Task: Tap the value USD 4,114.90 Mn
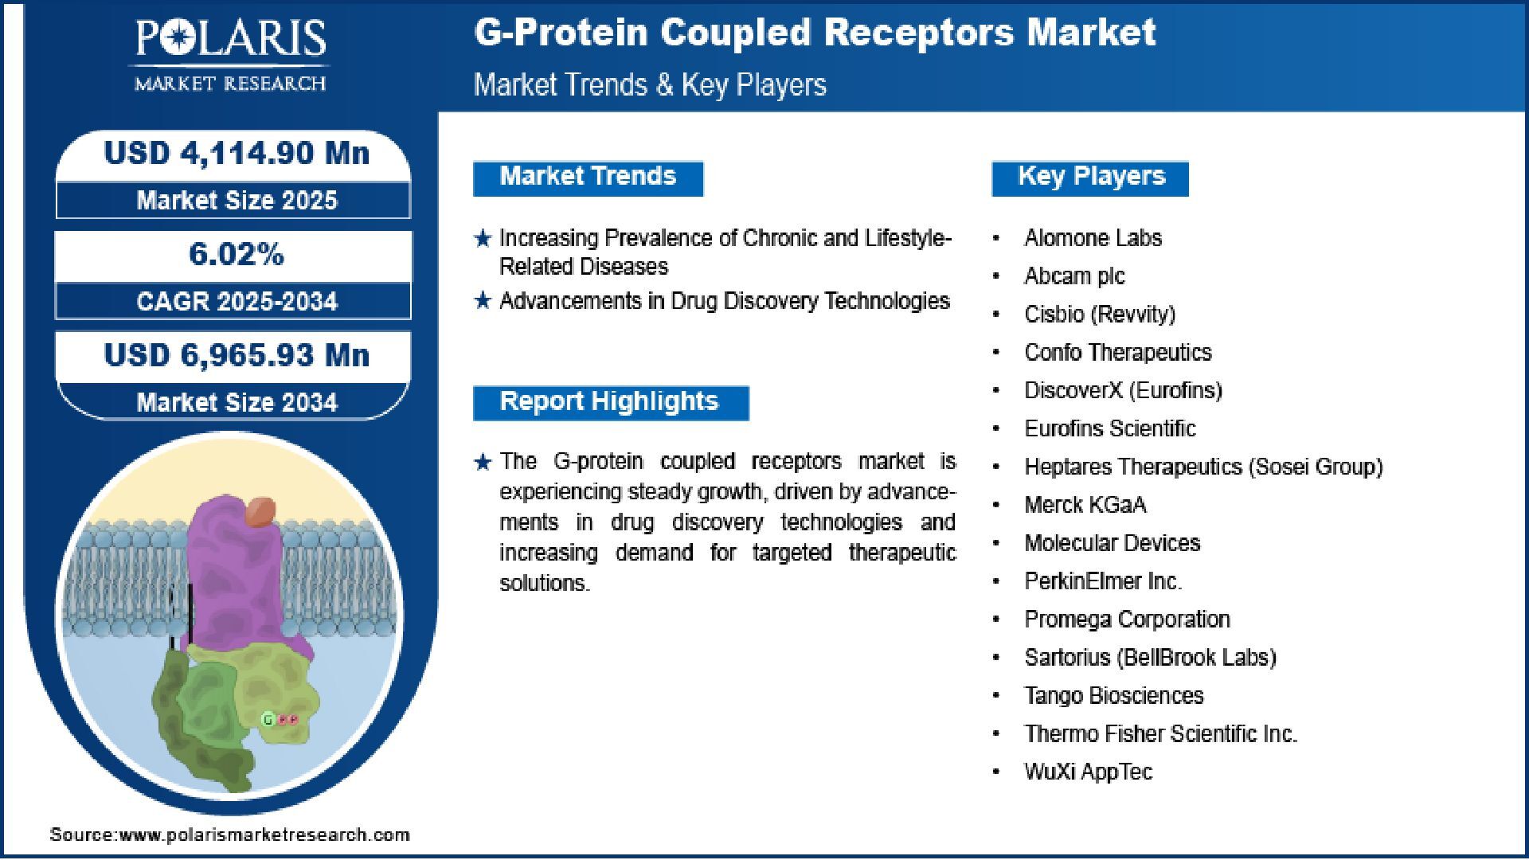pyautogui.click(x=237, y=153)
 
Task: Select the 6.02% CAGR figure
pyautogui.click(x=237, y=254)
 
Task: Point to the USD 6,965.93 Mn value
pyautogui.click(x=237, y=355)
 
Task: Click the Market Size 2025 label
pyautogui.click(x=237, y=200)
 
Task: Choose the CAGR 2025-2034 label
pyautogui.click(x=237, y=301)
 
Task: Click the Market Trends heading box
pyautogui.click(x=589, y=178)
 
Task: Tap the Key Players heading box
pyautogui.click(x=1090, y=178)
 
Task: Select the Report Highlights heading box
pyautogui.click(x=611, y=403)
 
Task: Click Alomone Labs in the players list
pyautogui.click(x=1093, y=238)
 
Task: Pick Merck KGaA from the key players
pyautogui.click(x=1085, y=505)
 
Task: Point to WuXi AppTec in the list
pyautogui.click(x=1088, y=772)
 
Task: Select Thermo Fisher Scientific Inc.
pyautogui.click(x=1160, y=733)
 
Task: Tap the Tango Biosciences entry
pyautogui.click(x=1114, y=695)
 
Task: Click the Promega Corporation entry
pyautogui.click(x=1127, y=619)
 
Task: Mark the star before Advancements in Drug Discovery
pyautogui.click(x=483, y=301)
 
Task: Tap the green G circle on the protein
pyautogui.click(x=268, y=720)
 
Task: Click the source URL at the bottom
pyautogui.click(x=229, y=835)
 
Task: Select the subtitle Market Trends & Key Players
pyautogui.click(x=650, y=84)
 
